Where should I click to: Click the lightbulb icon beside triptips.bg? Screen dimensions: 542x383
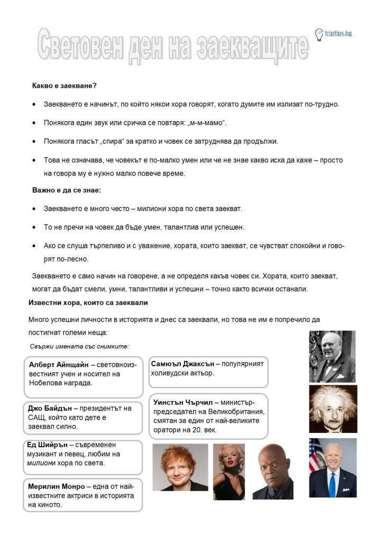click(319, 35)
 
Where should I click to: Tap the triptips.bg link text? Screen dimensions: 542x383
click(339, 33)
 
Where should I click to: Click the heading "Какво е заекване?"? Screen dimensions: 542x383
click(64, 85)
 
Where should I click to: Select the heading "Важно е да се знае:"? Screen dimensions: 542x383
click(66, 189)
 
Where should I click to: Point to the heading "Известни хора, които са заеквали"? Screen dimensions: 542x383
click(88, 302)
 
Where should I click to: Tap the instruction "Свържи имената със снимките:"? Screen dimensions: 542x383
click(79, 346)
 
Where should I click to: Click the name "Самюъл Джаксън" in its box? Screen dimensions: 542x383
click(183, 364)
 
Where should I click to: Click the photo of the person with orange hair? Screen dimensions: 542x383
click(180, 467)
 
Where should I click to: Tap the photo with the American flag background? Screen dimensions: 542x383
click(332, 467)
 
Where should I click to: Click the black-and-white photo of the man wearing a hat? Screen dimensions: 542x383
click(332, 356)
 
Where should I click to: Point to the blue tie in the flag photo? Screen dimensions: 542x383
click(332, 484)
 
